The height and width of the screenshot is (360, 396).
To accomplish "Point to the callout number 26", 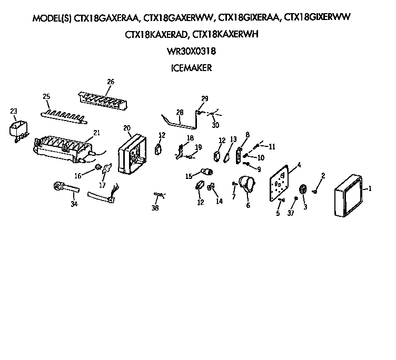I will (x=111, y=82).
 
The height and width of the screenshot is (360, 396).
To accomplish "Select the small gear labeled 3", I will (x=303, y=190).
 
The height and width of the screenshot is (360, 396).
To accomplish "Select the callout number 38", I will (x=155, y=208).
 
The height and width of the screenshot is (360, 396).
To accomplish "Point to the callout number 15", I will (x=187, y=176).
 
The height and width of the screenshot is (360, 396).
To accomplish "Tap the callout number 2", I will (x=323, y=175).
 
